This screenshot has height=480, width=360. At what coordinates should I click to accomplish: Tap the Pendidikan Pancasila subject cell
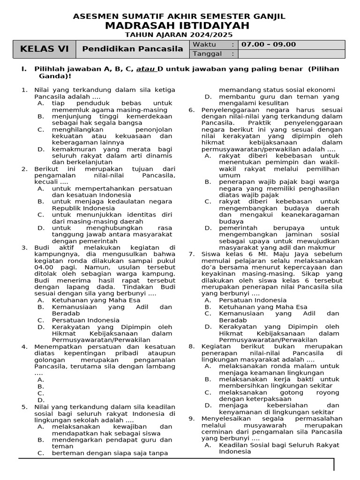pos(133,49)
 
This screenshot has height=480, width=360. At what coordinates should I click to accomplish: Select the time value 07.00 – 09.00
pos(269,45)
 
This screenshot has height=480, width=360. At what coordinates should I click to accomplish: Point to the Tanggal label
pos(207,54)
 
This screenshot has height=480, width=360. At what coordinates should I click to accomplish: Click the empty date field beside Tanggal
pos(291,54)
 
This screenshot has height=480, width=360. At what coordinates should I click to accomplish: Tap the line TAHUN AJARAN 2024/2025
pos(179,35)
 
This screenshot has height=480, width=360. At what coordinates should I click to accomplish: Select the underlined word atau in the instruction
pos(145,69)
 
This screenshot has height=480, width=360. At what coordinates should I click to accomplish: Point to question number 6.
pos(191,110)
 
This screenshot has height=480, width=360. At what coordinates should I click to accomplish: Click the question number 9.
pos(191,418)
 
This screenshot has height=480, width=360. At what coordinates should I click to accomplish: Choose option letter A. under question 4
pos(41,380)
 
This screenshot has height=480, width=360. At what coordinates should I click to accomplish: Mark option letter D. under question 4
pos(41,400)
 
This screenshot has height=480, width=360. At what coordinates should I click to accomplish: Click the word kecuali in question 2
pos(45,182)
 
